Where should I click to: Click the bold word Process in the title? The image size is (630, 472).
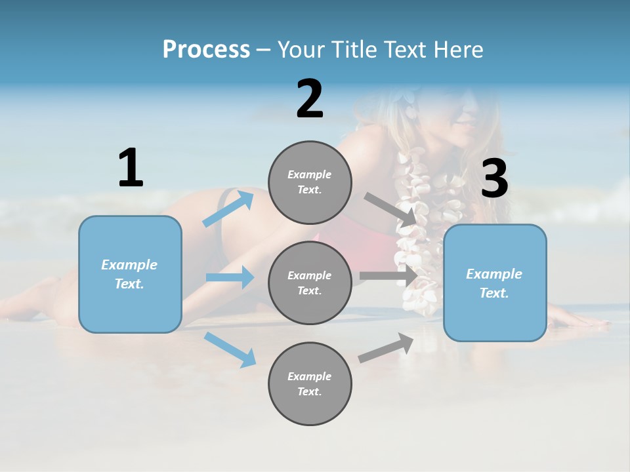(206, 49)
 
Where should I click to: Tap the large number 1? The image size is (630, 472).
(131, 168)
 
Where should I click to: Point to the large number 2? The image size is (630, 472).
(310, 99)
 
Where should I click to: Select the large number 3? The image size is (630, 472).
(494, 179)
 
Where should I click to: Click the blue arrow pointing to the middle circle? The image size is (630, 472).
(230, 277)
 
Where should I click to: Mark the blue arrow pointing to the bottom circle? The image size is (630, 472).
(230, 349)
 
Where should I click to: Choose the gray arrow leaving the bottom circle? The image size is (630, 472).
(387, 348)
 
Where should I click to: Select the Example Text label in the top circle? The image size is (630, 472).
(310, 182)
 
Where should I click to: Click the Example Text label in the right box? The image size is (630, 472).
(494, 283)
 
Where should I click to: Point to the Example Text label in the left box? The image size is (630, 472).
(129, 274)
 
